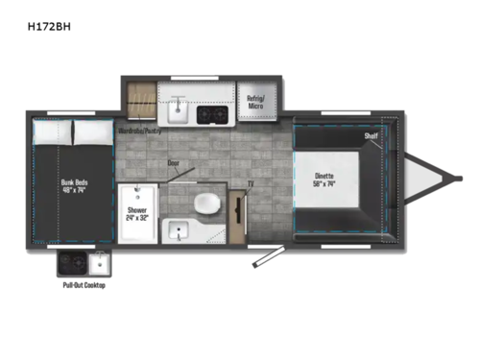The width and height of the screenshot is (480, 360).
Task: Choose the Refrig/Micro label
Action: [255, 100]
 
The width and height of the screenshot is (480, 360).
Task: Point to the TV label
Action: [252, 182]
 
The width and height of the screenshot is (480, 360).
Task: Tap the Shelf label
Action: [371, 136]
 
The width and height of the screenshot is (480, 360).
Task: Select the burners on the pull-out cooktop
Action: [70, 262]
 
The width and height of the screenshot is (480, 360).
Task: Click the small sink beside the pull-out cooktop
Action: [99, 262]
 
